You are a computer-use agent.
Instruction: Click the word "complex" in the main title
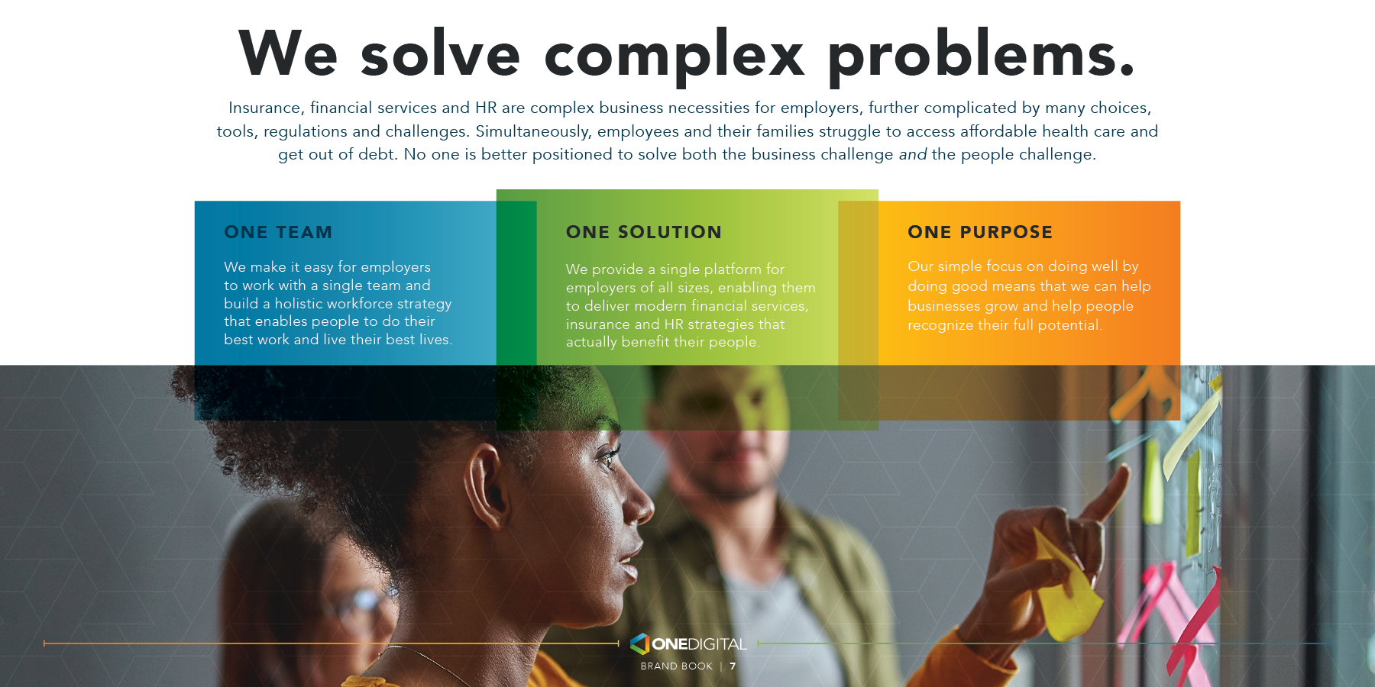675,55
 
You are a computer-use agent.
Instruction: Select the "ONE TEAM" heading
278,232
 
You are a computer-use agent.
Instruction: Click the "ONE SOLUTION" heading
643,232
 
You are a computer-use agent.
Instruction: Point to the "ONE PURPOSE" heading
980,232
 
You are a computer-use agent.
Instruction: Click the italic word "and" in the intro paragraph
913,154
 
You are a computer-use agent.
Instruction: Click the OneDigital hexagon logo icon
639,643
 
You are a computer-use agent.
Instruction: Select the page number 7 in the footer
733,666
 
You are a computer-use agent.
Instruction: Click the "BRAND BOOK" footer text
676,666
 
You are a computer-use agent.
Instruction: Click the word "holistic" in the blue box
299,304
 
